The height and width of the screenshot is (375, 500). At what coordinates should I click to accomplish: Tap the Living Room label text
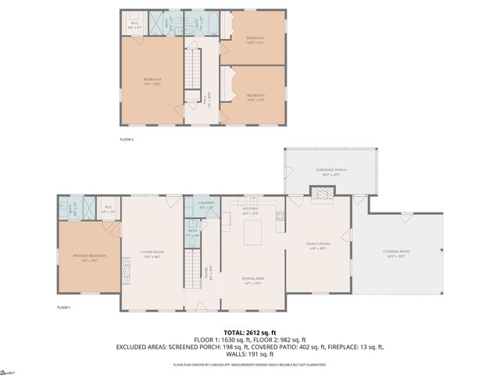(x=151, y=252)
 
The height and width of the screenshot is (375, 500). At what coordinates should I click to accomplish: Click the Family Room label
(x=318, y=245)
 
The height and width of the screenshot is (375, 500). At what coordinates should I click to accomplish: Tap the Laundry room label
(x=205, y=204)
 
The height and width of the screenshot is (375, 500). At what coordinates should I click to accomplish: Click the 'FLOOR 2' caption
(x=127, y=139)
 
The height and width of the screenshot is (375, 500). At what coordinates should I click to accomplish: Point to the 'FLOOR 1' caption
(x=64, y=308)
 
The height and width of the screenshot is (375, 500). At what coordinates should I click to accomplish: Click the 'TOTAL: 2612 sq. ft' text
(x=249, y=332)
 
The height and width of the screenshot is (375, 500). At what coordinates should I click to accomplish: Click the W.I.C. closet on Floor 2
(x=134, y=23)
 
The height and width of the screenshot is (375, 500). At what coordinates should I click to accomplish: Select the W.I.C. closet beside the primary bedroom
(x=88, y=209)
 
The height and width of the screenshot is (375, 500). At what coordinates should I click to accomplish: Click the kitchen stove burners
(x=280, y=216)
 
